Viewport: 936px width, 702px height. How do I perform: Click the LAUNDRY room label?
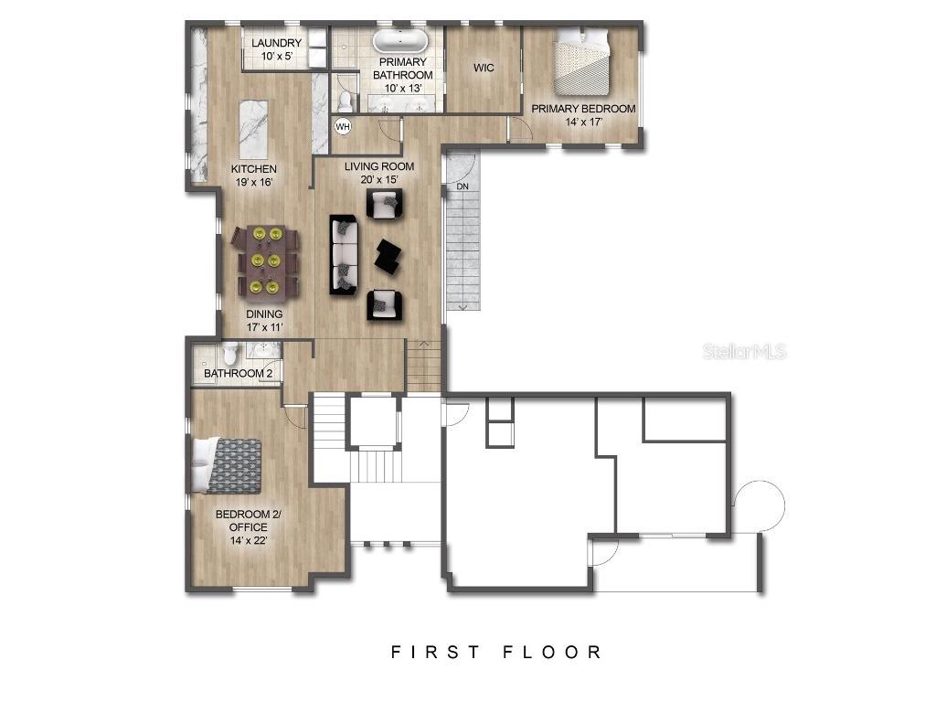pos(276,43)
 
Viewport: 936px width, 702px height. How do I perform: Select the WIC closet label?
pos(484,69)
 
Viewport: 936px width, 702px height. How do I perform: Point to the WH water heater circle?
pos(344,126)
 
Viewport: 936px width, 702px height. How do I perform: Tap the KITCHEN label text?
pos(253,169)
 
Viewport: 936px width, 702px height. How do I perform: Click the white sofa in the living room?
pos(343,255)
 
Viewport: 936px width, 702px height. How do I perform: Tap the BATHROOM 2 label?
pos(238,374)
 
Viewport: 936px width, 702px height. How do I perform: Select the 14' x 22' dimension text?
pos(248,540)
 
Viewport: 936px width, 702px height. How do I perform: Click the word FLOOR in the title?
pos(552,652)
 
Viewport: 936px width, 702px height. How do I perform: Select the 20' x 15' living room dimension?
pos(378,179)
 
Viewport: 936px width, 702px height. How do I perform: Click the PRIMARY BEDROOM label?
pos(583,109)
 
